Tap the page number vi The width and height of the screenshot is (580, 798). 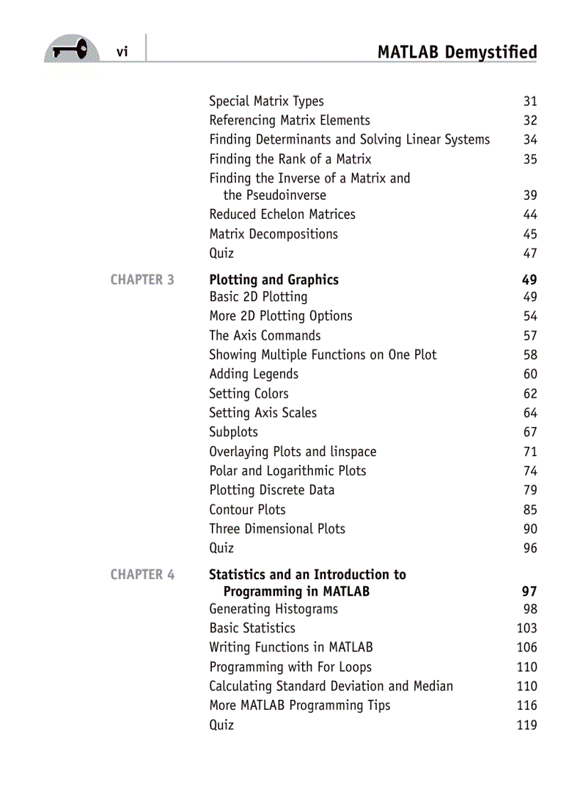point(122,52)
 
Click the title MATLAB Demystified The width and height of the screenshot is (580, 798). point(457,53)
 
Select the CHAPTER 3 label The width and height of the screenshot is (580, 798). point(142,280)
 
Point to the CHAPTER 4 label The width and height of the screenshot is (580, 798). point(142,575)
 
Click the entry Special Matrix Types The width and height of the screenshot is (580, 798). point(266,102)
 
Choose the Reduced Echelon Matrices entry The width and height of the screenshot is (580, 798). point(281,215)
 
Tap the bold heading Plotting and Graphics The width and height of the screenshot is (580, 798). point(274,280)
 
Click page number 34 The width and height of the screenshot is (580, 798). point(530,140)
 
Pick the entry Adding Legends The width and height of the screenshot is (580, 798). point(253,374)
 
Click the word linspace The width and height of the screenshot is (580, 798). point(353,452)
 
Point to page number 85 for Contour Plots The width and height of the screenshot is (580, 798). point(530,510)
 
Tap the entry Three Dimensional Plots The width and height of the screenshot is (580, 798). point(276,529)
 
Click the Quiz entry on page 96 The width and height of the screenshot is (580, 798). point(221,549)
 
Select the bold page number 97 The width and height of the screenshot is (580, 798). point(530,592)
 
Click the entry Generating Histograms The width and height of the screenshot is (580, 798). point(273,610)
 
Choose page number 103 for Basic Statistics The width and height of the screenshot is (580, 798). point(527,629)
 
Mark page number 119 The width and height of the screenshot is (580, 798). point(527,726)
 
